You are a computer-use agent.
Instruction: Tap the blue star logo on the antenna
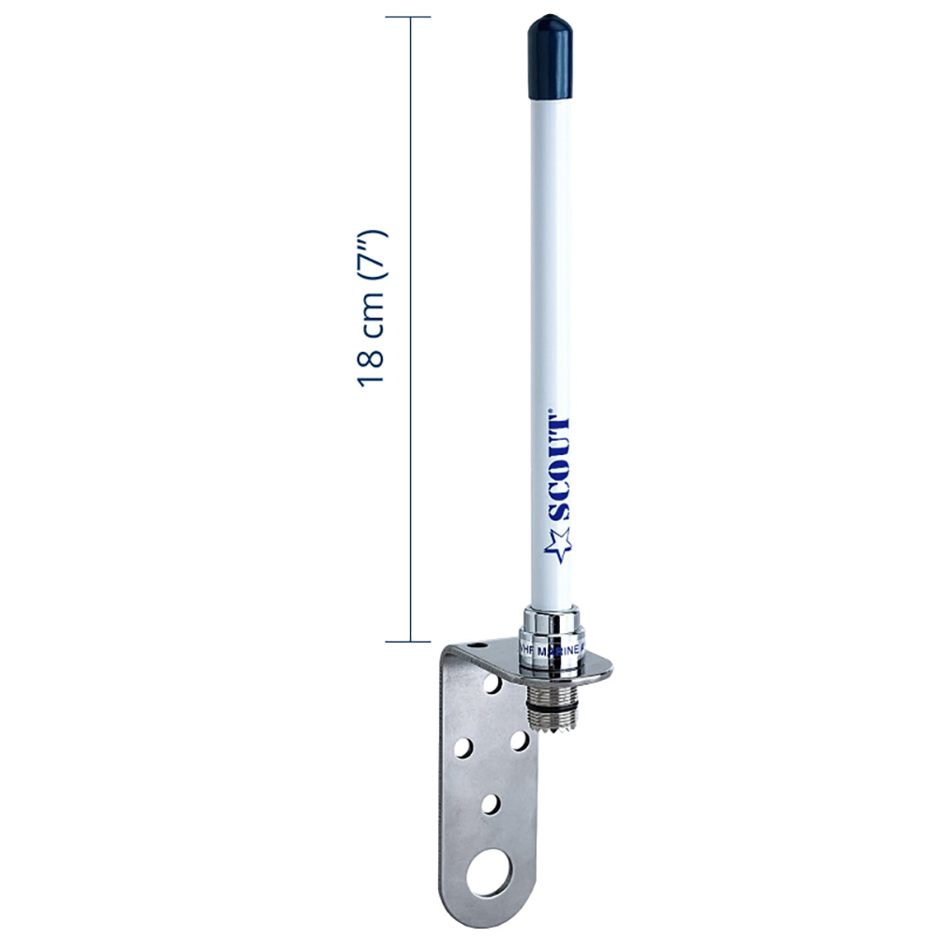558,543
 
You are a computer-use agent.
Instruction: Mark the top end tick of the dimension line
408,17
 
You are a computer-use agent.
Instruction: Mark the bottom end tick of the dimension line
408,642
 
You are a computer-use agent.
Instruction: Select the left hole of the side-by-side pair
463,748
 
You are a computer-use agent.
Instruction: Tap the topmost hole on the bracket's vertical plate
492,686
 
